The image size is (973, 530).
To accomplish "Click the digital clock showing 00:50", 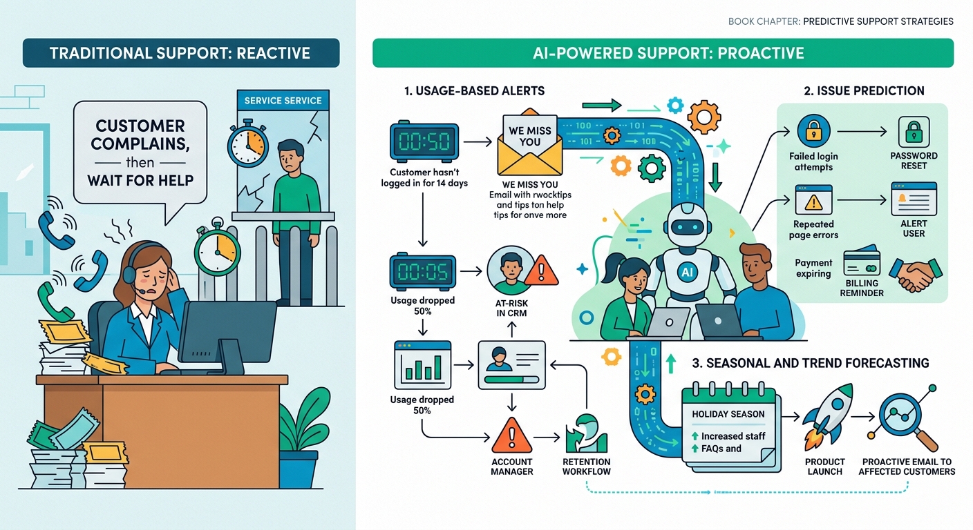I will click(424, 142).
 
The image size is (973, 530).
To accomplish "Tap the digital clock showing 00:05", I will click(424, 271).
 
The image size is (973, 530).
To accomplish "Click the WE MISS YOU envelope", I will click(529, 144).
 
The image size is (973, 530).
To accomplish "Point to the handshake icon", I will click(915, 275).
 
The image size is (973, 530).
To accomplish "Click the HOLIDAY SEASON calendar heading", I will click(728, 414).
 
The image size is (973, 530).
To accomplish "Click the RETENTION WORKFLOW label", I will click(586, 467).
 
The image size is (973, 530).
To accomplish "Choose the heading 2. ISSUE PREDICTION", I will click(864, 90).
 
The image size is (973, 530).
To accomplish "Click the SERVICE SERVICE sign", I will click(283, 100).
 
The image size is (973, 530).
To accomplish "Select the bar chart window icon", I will click(422, 364).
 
